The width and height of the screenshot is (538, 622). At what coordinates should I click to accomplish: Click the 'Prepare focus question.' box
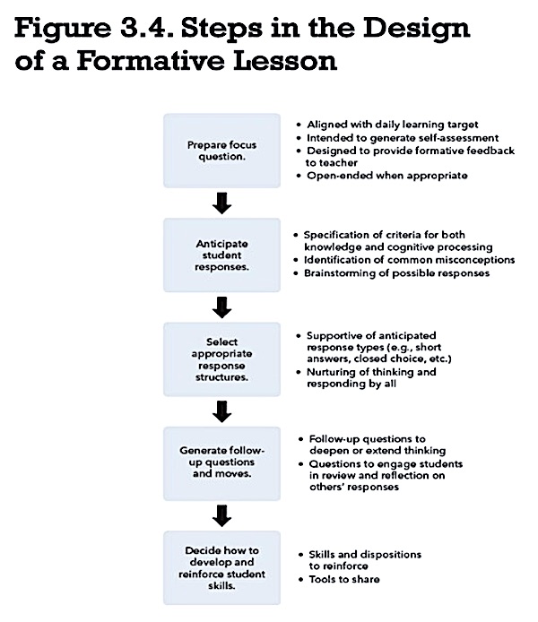tap(221, 151)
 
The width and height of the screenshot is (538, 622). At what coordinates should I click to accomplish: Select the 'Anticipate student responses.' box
tap(221, 255)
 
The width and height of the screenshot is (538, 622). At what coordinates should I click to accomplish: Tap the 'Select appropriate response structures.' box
tap(221, 359)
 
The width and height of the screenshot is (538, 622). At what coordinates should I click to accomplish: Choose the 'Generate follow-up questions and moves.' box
tap(221, 463)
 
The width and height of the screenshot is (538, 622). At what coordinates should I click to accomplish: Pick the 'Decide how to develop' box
tap(221, 567)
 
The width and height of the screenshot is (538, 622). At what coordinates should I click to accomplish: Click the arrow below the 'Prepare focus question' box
tap(221, 203)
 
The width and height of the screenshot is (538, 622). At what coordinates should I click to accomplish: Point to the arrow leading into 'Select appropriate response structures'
tap(221, 307)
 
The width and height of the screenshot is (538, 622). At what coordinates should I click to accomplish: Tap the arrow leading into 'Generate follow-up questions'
tap(221, 411)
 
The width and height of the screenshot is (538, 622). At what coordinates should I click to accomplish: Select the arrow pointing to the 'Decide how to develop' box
tap(221, 515)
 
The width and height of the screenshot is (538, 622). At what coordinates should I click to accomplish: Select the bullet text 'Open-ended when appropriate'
tap(387, 176)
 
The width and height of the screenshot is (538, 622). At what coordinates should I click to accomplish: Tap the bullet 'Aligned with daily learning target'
tap(393, 125)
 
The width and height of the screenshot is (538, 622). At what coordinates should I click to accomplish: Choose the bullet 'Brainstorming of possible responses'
tap(396, 273)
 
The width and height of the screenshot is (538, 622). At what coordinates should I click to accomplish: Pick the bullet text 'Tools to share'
tap(344, 579)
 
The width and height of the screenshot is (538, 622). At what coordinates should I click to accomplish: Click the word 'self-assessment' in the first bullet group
tap(454, 138)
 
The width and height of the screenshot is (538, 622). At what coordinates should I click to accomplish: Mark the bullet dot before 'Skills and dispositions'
tap(300, 555)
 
